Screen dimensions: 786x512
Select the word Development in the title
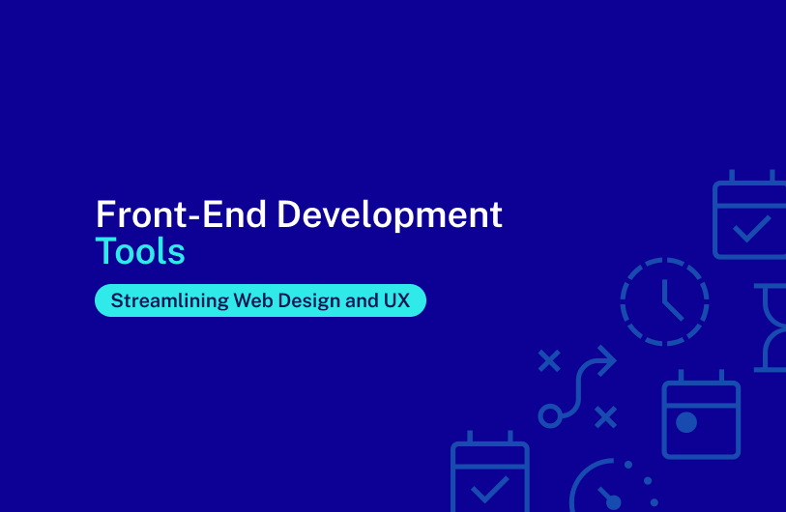point(390,215)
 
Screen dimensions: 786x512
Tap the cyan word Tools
point(140,251)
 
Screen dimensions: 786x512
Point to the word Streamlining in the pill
point(170,300)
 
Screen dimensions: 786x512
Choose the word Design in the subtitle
point(308,300)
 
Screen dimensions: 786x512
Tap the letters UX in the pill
point(397,300)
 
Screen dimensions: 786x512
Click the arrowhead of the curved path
point(606,360)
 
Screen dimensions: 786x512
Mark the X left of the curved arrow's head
point(549,360)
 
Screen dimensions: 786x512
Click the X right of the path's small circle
point(605,417)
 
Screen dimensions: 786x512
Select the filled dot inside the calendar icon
point(686,422)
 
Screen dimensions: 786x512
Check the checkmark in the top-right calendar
point(751,229)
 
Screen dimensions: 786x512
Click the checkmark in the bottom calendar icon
point(490,490)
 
